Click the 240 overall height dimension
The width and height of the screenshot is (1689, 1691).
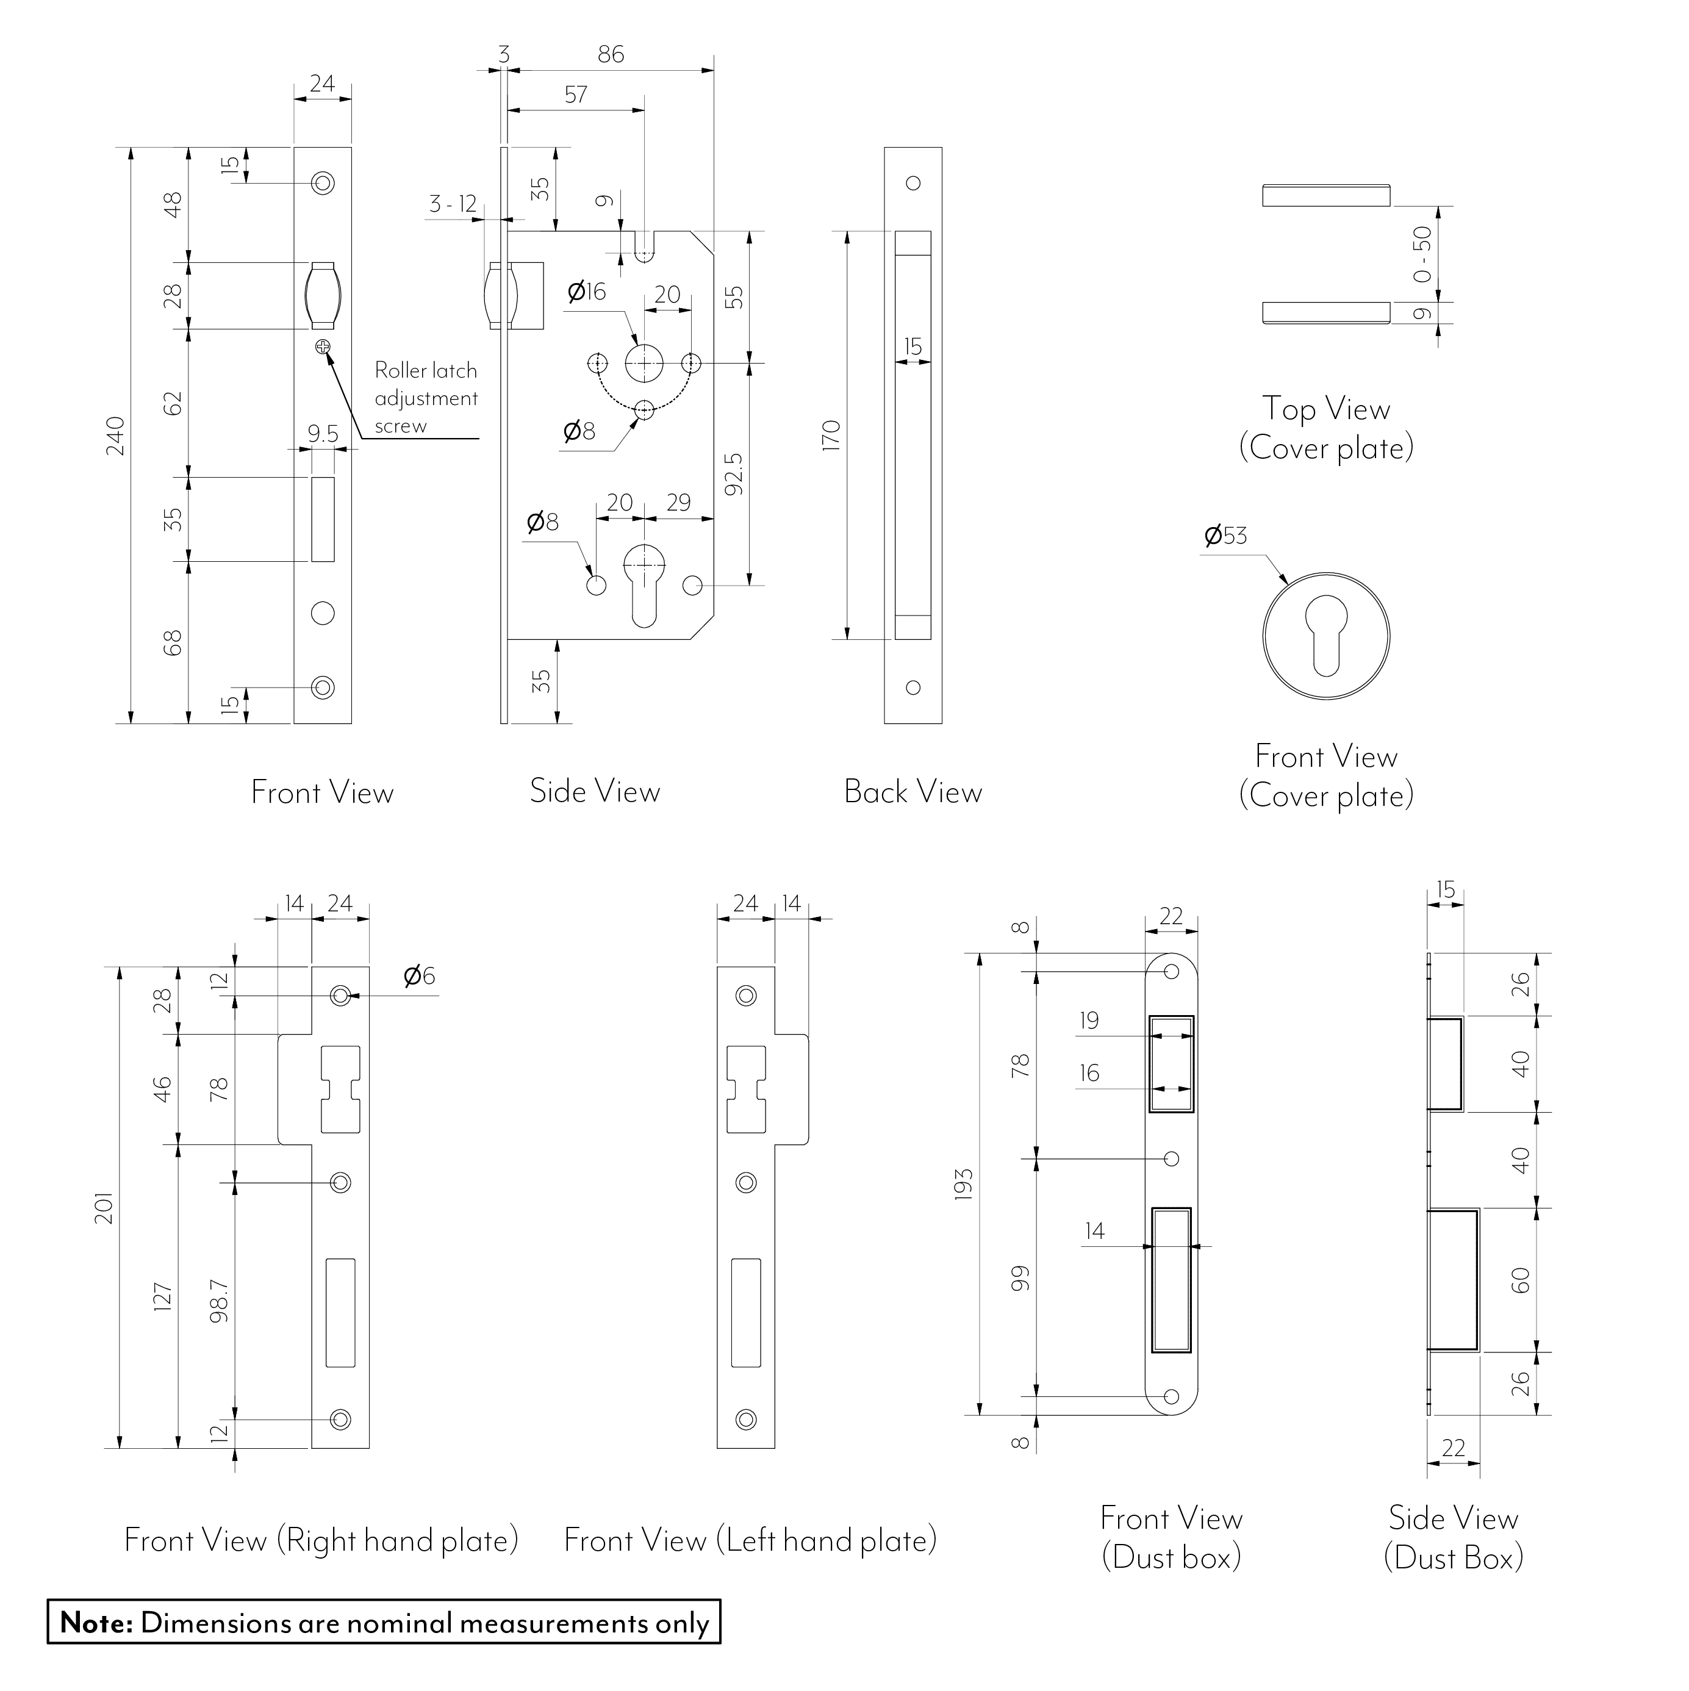coord(115,437)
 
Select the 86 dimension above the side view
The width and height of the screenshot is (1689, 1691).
coord(611,54)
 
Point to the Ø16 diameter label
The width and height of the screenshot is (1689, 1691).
coord(586,292)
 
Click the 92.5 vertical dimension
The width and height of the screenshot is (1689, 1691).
coord(733,473)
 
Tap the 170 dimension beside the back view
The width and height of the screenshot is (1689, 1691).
coord(831,435)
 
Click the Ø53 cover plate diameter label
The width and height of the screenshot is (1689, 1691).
coord(1225,536)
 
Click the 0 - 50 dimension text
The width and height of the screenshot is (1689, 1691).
coord(1423,254)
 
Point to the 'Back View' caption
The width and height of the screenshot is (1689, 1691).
coord(913,792)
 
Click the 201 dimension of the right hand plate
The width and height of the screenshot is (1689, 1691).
coord(105,1208)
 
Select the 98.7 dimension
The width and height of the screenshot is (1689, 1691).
coord(219,1301)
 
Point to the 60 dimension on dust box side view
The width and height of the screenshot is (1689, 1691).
coord(1521,1280)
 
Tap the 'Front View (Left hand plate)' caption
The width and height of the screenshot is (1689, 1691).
coord(750,1540)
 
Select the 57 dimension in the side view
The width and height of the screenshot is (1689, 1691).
coord(576,95)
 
